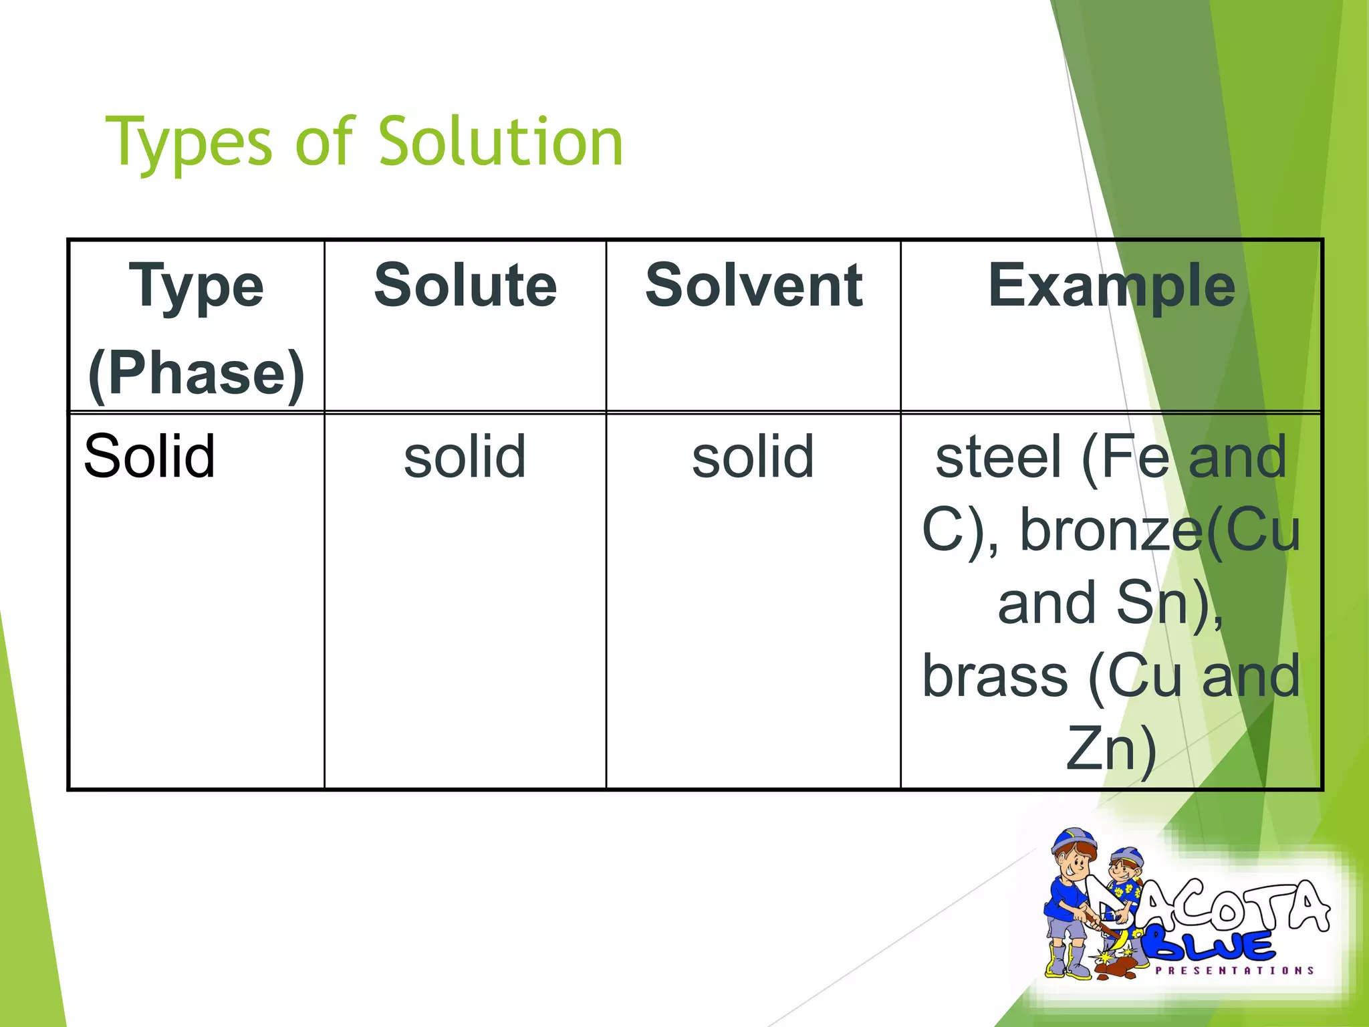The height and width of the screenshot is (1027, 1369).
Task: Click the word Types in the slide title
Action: point(189,142)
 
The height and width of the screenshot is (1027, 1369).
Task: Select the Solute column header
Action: point(465,286)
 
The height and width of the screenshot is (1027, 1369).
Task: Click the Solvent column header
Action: point(753,286)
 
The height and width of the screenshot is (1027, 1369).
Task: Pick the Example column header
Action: point(1111,286)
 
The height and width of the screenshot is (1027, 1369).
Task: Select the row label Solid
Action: point(150,457)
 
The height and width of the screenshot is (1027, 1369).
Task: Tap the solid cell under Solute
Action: point(465,457)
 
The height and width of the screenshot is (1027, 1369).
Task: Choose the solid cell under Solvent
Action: point(753,457)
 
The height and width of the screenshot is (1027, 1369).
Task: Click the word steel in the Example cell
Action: point(999,457)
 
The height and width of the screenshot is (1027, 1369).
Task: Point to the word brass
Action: point(995,676)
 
